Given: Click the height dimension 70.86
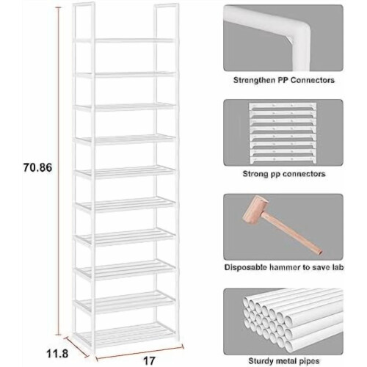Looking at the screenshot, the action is pos(37,167).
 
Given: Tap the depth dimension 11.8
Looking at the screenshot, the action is pos(57,354).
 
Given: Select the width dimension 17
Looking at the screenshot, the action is pos(149,360).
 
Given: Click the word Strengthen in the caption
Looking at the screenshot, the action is pos(254,80).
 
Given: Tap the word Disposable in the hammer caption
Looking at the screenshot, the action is pos(246,267).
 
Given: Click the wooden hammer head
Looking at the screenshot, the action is pos(255,209).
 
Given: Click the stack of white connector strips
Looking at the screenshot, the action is pos(283,133).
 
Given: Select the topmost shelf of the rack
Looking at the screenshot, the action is pos(126,40).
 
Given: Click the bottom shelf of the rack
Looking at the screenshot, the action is pos(126,333).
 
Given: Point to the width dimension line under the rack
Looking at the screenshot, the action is pos(139,352).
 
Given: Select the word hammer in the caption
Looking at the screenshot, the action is pos(285,267).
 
